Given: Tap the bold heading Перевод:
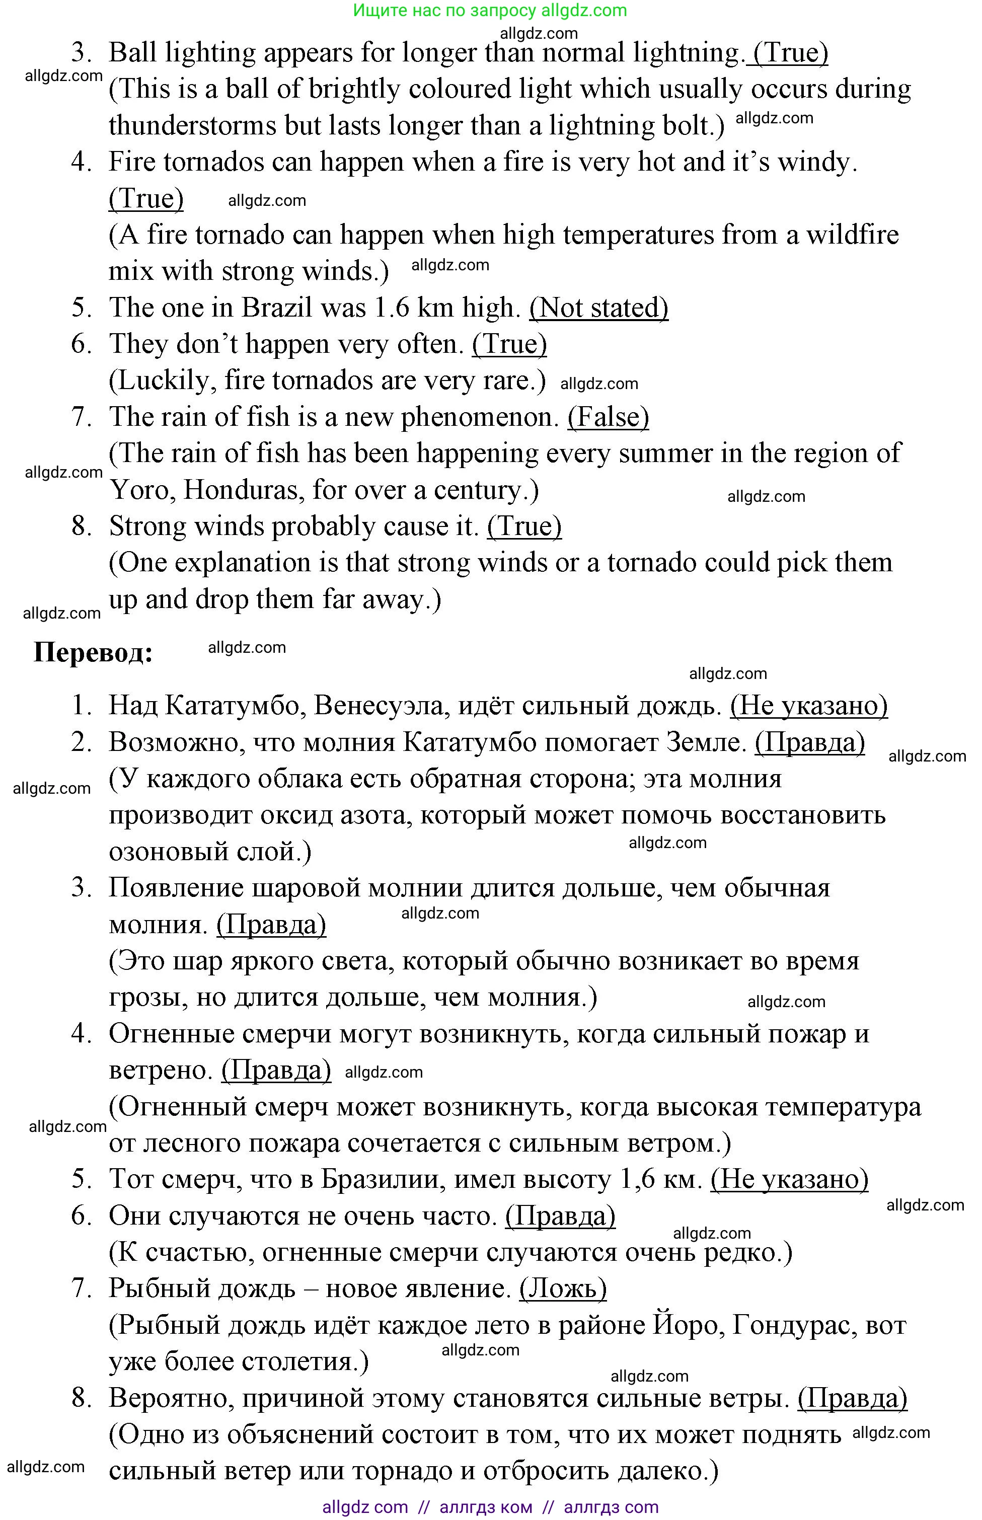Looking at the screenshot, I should tap(93, 652).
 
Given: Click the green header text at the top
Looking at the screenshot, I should tap(490, 10).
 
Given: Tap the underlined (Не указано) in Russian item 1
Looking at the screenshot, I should tap(808, 706).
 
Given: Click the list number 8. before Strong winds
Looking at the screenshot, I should tap(82, 526).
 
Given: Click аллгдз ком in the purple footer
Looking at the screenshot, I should tap(485, 1506).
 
